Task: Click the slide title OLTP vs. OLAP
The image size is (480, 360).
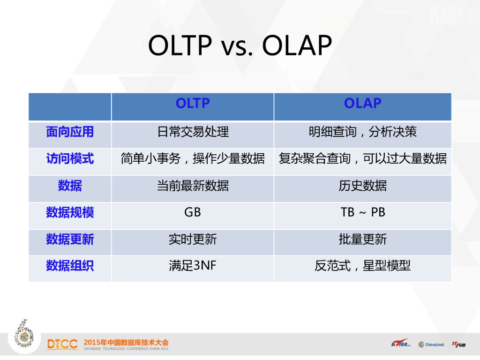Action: click(x=240, y=45)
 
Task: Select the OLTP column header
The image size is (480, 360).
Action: click(x=193, y=103)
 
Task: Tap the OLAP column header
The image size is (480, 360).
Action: click(x=363, y=103)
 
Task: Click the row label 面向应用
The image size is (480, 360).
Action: click(x=70, y=132)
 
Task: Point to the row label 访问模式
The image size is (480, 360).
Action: click(x=70, y=158)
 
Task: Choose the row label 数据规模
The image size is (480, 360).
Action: click(x=70, y=212)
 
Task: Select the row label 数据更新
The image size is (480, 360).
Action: click(x=70, y=239)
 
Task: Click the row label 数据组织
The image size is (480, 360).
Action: click(x=70, y=265)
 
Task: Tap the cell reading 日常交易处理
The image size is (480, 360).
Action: click(x=193, y=132)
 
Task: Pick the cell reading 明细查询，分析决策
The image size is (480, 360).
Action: click(x=363, y=132)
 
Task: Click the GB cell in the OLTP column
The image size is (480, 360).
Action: click(x=193, y=212)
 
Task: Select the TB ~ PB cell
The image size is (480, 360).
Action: click(x=363, y=212)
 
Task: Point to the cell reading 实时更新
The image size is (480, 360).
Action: click(x=193, y=239)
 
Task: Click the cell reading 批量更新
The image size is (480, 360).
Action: click(x=363, y=239)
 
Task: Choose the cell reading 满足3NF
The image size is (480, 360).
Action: click(x=193, y=265)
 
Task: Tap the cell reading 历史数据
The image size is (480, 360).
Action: click(x=363, y=186)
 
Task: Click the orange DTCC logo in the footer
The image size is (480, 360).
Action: click(x=62, y=344)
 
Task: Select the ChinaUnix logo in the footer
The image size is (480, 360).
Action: click(x=431, y=345)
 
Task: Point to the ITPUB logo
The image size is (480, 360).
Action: click(x=458, y=345)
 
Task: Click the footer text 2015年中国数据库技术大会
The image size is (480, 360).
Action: click(x=126, y=342)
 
